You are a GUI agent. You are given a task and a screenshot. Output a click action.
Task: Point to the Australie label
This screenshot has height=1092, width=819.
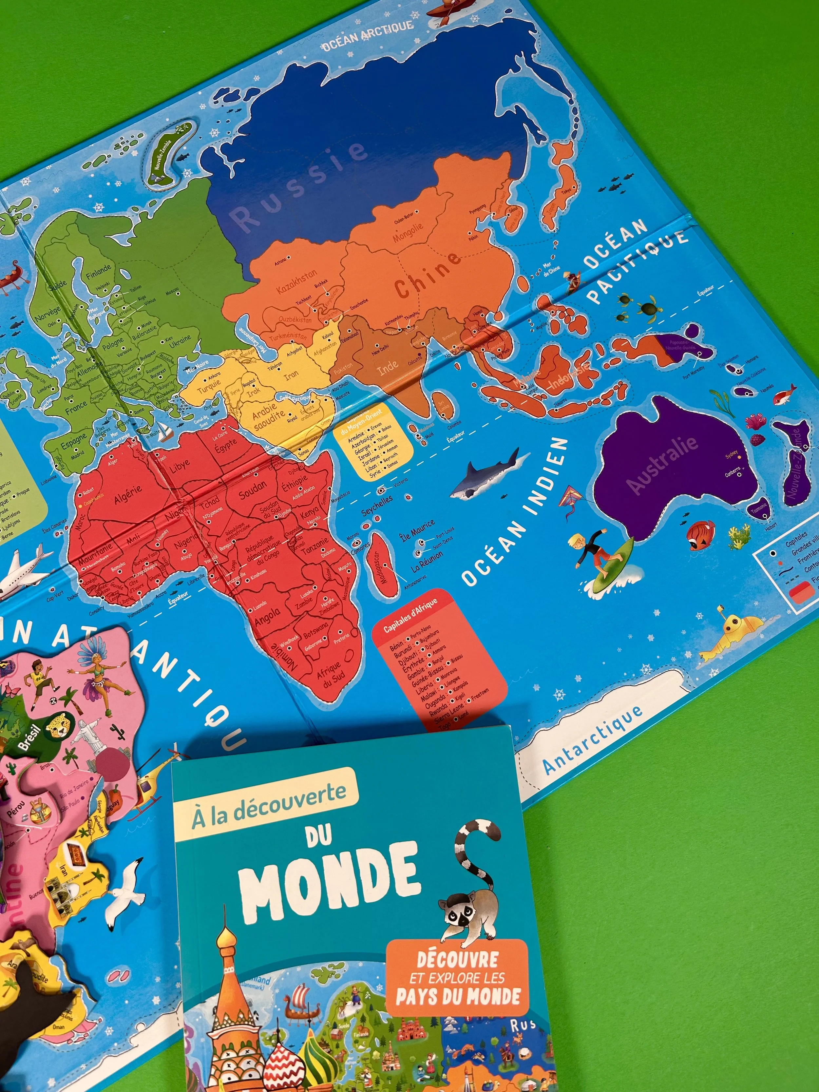click(661, 464)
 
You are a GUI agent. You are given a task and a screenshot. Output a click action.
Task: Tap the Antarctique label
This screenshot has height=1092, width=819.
click(592, 738)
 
